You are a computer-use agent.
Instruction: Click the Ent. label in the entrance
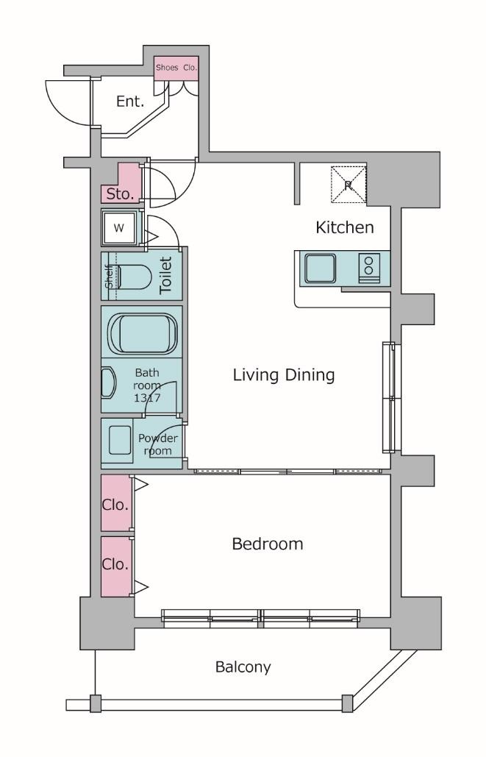[130, 102]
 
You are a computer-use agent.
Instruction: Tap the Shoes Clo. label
[176, 68]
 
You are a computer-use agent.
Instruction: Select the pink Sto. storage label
[120, 194]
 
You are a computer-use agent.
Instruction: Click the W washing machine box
[118, 228]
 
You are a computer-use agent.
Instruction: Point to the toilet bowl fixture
[135, 277]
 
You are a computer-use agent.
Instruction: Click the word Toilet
[165, 275]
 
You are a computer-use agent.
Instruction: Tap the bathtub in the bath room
[143, 333]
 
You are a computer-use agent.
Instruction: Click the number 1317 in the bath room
[147, 398]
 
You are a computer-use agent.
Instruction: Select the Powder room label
[158, 444]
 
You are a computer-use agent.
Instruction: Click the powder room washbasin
[120, 440]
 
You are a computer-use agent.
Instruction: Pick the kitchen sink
[321, 269]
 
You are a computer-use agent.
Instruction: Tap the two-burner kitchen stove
[369, 269]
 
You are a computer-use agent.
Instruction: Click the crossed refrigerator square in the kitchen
[349, 185]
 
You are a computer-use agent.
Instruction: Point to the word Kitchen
[345, 227]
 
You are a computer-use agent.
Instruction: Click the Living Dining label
[284, 375]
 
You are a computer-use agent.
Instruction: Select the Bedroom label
[268, 544]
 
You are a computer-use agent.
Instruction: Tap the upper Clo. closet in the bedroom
[116, 503]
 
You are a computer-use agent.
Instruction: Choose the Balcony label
[243, 667]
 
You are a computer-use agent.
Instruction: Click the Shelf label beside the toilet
[110, 276]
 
